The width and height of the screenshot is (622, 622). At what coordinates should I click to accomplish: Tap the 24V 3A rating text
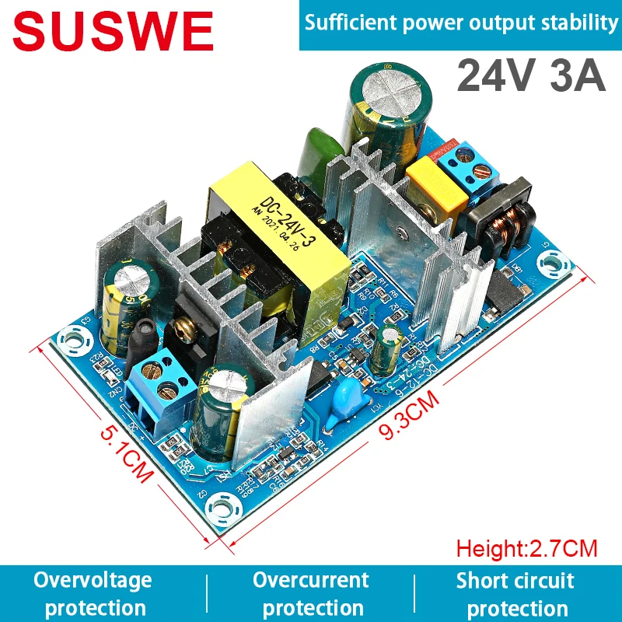[530, 76]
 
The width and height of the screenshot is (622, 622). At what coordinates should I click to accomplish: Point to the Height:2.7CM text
[526, 549]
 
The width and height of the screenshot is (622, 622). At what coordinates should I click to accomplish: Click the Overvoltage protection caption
[93, 594]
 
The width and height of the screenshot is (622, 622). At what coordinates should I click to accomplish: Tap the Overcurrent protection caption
[310, 594]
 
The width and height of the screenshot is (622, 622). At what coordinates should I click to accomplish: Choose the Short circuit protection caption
[515, 594]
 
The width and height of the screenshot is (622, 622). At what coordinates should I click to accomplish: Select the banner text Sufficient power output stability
[461, 23]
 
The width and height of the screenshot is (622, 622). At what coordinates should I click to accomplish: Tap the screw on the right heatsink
[399, 232]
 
